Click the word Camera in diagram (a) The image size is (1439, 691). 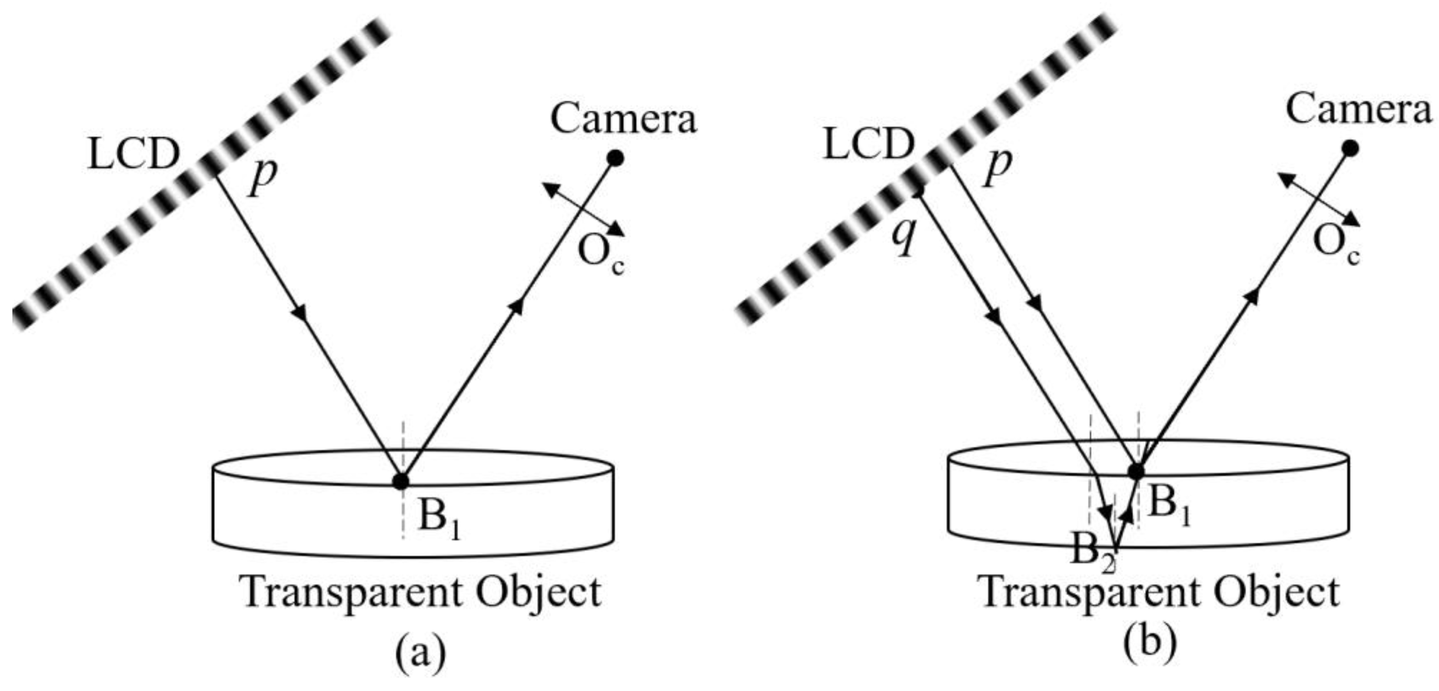click(x=624, y=120)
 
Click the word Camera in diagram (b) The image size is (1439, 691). click(x=1358, y=110)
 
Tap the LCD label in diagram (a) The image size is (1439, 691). click(x=134, y=154)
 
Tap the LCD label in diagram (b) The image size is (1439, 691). click(x=869, y=145)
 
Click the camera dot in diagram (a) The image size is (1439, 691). click(x=615, y=159)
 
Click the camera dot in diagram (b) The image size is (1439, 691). click(x=1350, y=148)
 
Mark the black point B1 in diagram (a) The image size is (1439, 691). click(x=401, y=481)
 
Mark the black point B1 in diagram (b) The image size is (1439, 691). click(x=1136, y=471)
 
